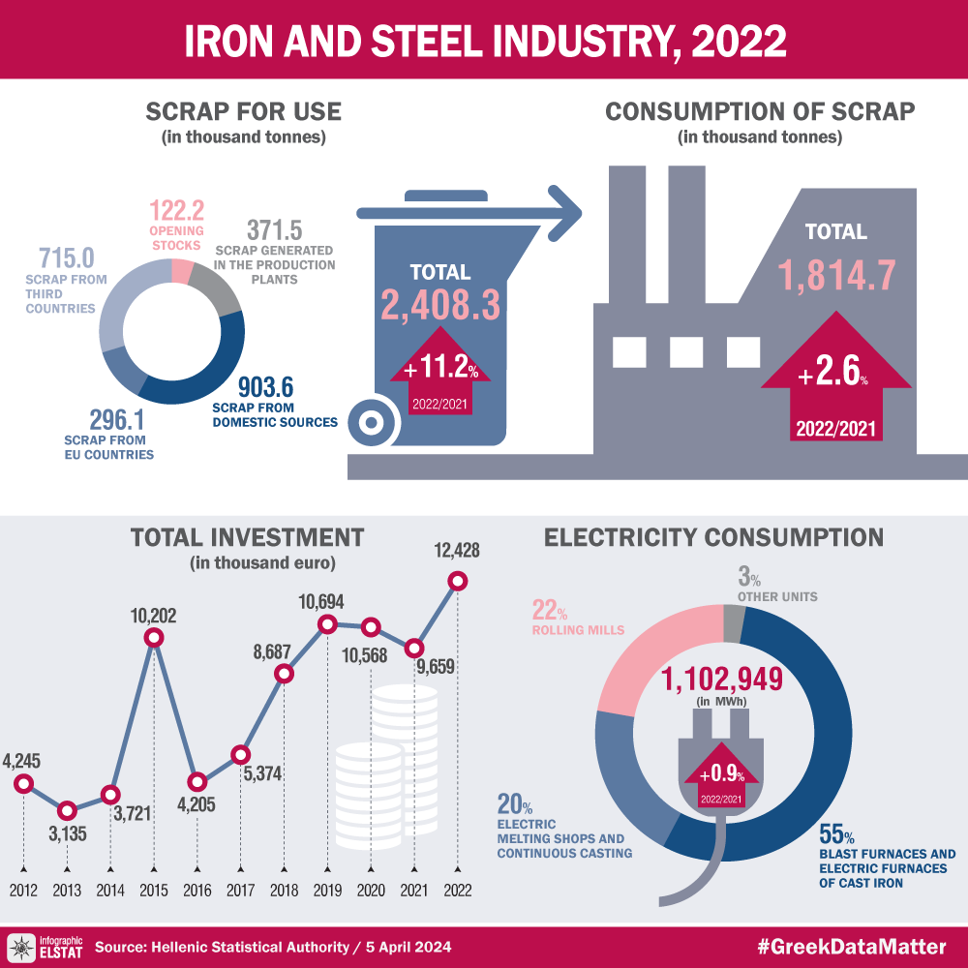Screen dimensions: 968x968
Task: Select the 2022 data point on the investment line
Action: pyautogui.click(x=458, y=581)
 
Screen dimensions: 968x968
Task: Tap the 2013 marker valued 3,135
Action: pyautogui.click(x=67, y=810)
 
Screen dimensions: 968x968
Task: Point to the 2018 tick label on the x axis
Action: pyautogui.click(x=284, y=891)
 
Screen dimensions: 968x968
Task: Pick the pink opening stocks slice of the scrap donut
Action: pyautogui.click(x=179, y=271)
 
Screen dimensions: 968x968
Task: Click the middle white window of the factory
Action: pyautogui.click(x=685, y=351)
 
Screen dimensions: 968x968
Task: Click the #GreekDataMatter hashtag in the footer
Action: pyautogui.click(x=852, y=946)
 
